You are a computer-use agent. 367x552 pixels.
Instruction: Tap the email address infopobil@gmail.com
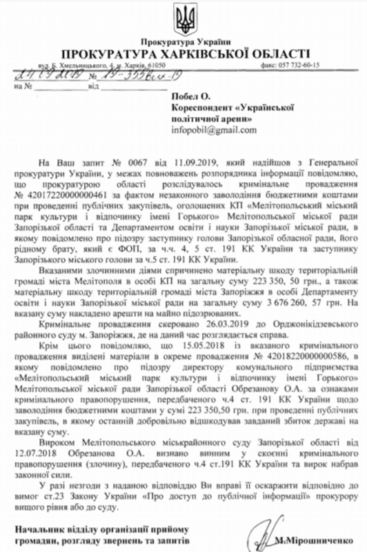pos(215,129)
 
